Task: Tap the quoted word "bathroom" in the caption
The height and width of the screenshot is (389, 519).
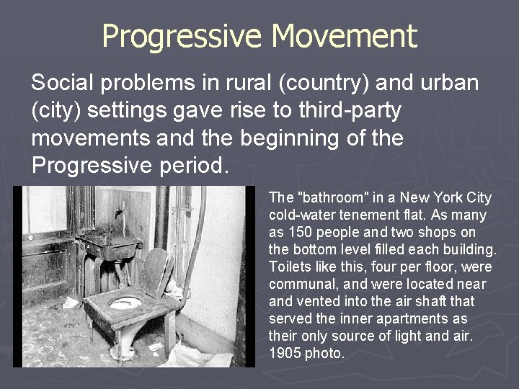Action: [327, 198]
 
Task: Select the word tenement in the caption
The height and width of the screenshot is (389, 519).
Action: [371, 215]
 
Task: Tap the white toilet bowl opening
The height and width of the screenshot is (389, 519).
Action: [125, 303]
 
